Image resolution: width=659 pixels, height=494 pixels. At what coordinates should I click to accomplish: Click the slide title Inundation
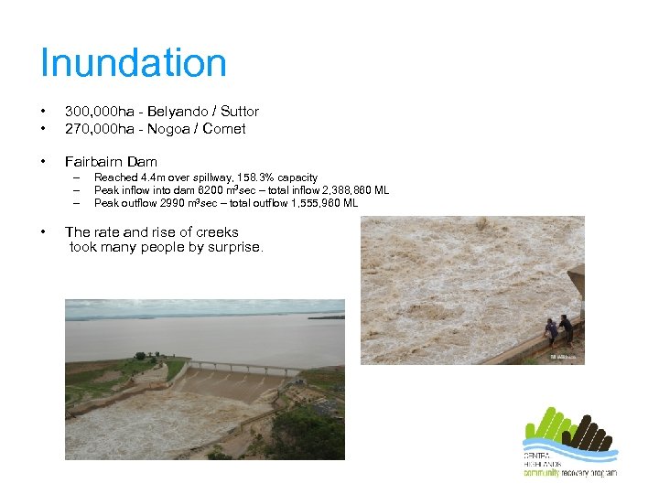134,63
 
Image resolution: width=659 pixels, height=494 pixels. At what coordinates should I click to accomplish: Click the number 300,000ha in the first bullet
96,111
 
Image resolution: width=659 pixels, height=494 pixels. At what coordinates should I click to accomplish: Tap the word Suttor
238,111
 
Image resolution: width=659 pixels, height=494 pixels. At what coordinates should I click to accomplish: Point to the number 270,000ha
96,129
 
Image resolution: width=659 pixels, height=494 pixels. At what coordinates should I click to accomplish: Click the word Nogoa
169,129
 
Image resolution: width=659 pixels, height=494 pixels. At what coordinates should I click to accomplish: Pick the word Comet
224,129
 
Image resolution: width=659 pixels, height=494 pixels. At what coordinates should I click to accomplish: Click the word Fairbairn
94,162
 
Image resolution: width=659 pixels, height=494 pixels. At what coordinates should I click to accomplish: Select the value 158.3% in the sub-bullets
253,177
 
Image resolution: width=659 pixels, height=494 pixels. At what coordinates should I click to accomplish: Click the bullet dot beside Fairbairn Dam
45,162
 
